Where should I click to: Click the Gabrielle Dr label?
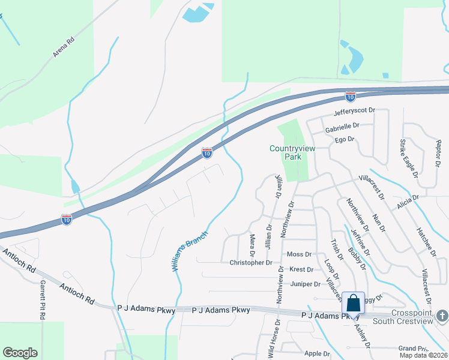[342, 127]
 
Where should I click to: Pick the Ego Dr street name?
[345, 139]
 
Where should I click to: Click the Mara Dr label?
[252, 242]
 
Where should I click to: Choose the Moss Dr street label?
[299, 254]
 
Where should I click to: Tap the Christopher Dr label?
[251, 263]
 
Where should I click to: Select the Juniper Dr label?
[306, 284]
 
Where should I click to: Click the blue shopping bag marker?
[354, 303]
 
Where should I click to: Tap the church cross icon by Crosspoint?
[442, 315]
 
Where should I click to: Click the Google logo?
[20, 353]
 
